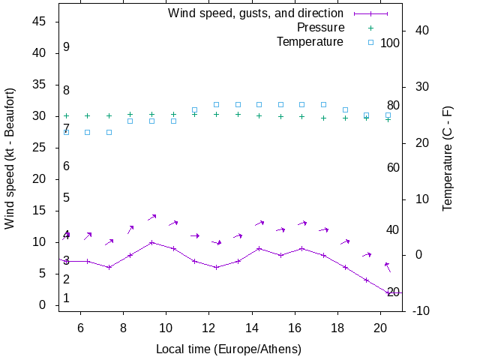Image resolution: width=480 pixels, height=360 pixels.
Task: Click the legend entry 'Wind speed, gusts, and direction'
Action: tap(255, 13)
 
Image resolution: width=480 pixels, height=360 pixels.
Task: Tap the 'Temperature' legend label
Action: tap(310, 42)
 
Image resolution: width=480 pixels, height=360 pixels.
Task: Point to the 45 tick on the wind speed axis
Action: tap(40, 22)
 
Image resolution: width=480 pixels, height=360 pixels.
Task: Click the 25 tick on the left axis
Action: tap(40, 148)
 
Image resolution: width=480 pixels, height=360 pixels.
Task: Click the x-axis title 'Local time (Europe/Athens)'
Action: tap(229, 349)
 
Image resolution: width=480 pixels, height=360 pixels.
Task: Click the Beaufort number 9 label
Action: tap(66, 47)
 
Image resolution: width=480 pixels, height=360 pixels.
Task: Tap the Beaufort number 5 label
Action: tap(66, 198)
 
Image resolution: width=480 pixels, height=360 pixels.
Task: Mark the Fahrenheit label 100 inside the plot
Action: tap(390, 43)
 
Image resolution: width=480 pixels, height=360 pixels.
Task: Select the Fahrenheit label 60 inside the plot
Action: tap(393, 167)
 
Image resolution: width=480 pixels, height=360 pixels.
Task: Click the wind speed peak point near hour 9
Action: tap(151, 242)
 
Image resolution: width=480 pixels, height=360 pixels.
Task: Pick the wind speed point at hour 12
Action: tap(216, 267)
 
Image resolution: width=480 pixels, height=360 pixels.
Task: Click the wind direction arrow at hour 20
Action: tap(388, 267)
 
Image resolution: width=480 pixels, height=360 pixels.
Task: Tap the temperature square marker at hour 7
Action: tap(109, 132)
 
